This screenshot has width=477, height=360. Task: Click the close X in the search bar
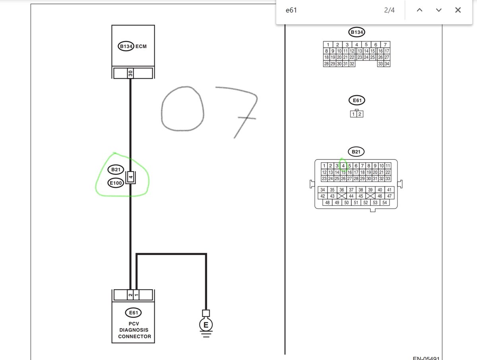tap(458, 10)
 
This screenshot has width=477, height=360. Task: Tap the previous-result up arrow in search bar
tap(419, 10)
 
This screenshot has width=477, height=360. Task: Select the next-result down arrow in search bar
tap(438, 10)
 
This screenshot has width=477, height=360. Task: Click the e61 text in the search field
tap(291, 10)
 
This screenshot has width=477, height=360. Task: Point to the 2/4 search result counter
tap(389, 10)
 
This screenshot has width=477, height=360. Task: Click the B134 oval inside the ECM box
tap(126, 47)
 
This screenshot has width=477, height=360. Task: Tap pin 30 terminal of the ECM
tap(130, 74)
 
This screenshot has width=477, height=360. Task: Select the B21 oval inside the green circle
tap(116, 170)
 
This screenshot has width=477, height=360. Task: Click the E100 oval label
tap(116, 183)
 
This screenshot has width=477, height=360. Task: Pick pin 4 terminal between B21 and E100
tap(131, 178)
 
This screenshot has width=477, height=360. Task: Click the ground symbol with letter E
tap(206, 325)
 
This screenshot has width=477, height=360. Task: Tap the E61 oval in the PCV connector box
tap(133, 313)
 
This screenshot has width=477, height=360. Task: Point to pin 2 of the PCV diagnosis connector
tap(130, 295)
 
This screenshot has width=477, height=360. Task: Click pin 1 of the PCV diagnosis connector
tap(136, 295)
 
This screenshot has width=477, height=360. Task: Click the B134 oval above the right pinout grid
tap(357, 32)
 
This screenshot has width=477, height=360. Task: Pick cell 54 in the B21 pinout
tap(384, 202)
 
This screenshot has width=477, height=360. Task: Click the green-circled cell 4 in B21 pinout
tap(343, 166)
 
